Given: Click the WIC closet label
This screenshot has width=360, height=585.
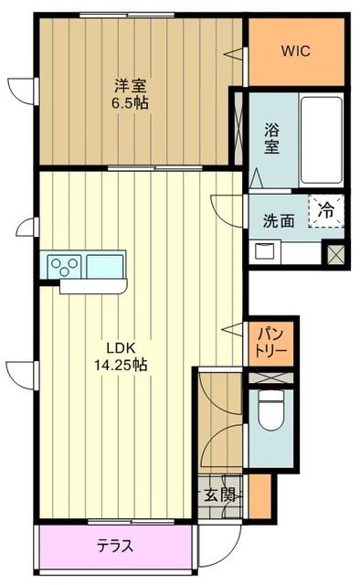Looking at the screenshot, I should click(x=296, y=51).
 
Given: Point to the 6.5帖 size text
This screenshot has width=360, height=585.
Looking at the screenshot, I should click(x=131, y=103).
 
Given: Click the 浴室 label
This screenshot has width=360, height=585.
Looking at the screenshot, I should click(x=271, y=138).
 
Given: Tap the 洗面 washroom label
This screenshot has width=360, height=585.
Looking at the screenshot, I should click(x=279, y=220).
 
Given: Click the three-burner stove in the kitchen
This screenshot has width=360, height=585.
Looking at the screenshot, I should click(x=67, y=265).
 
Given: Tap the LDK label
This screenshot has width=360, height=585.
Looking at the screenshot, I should click(x=121, y=347).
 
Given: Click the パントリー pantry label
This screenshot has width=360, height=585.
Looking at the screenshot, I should click(x=271, y=341).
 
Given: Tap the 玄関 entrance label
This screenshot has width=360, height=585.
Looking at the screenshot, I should click(x=217, y=495).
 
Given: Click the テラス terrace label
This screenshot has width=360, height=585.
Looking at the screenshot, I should click(x=116, y=547).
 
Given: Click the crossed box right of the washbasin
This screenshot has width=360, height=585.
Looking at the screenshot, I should click(x=334, y=252).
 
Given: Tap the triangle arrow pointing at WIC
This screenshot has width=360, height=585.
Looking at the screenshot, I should click(x=241, y=51).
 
